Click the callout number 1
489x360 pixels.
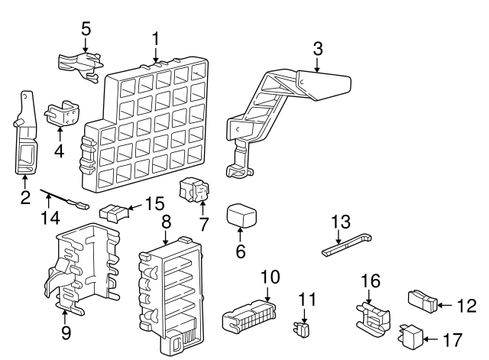coord(156,37)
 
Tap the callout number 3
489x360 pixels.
coord(318,48)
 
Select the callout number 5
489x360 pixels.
coord(86,28)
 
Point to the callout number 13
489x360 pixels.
coord(340,222)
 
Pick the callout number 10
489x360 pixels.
coord(270,277)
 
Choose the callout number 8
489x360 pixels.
coord(166,222)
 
